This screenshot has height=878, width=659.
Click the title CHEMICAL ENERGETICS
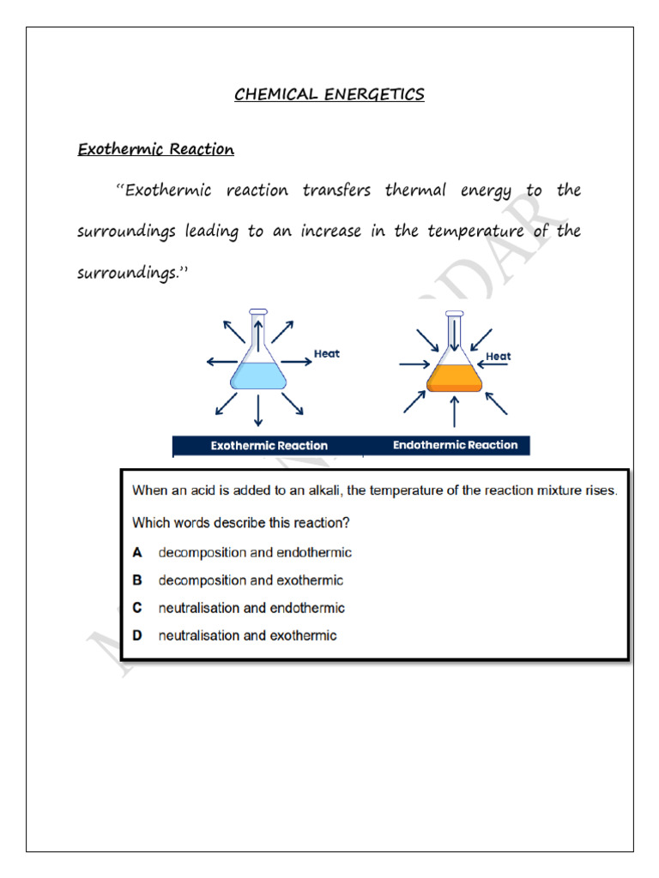(329, 95)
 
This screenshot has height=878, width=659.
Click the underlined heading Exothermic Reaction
(155, 150)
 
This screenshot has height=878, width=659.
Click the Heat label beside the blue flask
(326, 353)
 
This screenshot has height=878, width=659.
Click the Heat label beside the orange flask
(499, 356)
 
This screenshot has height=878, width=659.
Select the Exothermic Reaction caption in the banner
(269, 446)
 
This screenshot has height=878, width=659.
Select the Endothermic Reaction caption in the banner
(455, 445)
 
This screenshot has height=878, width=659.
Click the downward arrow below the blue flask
(257, 412)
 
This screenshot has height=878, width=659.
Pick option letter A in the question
(137, 553)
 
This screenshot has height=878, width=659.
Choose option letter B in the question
(137, 580)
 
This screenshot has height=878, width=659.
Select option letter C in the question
(137, 608)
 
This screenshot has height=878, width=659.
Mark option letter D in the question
(137, 635)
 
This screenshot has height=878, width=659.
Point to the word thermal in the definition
(415, 190)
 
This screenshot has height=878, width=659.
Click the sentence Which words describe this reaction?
(240, 522)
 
